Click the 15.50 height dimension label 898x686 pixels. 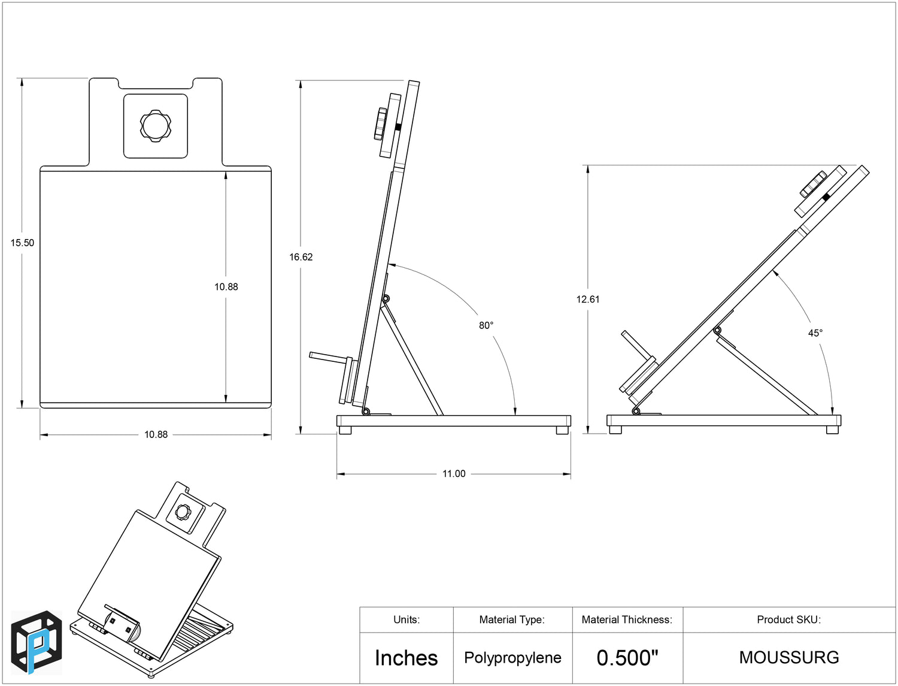click(x=22, y=243)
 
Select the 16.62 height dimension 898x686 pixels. click(x=301, y=257)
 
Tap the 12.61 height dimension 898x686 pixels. click(x=588, y=299)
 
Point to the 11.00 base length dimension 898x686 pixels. click(x=454, y=474)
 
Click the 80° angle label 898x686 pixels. click(x=486, y=325)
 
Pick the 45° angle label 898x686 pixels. click(x=815, y=333)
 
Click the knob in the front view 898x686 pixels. click(x=156, y=126)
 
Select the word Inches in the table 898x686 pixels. click(x=406, y=658)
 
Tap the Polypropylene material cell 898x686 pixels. click(x=512, y=658)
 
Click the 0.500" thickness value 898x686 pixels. click(x=627, y=658)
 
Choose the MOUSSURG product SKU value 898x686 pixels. click(x=789, y=657)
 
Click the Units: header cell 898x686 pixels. click(x=406, y=619)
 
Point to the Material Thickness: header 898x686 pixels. click(x=627, y=619)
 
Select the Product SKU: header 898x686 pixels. click(x=788, y=619)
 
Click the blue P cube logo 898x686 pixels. click(x=37, y=642)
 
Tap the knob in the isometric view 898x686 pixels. click(x=182, y=512)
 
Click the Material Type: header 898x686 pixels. click(x=512, y=619)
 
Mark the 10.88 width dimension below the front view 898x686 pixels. click(x=156, y=434)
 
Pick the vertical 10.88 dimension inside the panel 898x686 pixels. click(x=226, y=287)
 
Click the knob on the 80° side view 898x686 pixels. click(x=380, y=124)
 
